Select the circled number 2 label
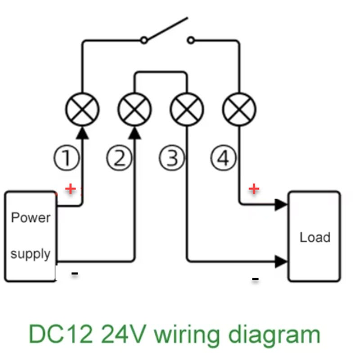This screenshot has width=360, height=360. pyautogui.click(x=119, y=158)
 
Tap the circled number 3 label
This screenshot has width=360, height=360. pyautogui.click(x=171, y=158)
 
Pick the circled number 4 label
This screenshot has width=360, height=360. pyautogui.click(x=224, y=158)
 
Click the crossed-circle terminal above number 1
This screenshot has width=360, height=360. pyautogui.click(x=82, y=109)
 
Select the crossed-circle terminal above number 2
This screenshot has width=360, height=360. pyautogui.click(x=135, y=109)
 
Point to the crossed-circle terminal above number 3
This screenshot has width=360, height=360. pyautogui.click(x=187, y=109)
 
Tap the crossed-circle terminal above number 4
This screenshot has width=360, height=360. pyautogui.click(x=239, y=109)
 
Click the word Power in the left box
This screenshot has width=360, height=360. pyautogui.click(x=31, y=218)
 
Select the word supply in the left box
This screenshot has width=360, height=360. pyautogui.click(x=30, y=254)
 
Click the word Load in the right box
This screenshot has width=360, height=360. pyautogui.click(x=315, y=237)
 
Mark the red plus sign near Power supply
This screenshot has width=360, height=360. pyautogui.click(x=70, y=189)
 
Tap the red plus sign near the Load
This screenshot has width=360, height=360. pyautogui.click(x=254, y=188)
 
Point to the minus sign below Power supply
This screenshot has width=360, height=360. pyautogui.click(x=75, y=273)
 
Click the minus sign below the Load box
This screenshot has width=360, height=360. pyautogui.click(x=255, y=279)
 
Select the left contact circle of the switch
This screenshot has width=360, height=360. pyautogui.click(x=144, y=40)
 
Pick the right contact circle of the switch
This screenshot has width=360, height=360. pyautogui.click(x=191, y=40)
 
